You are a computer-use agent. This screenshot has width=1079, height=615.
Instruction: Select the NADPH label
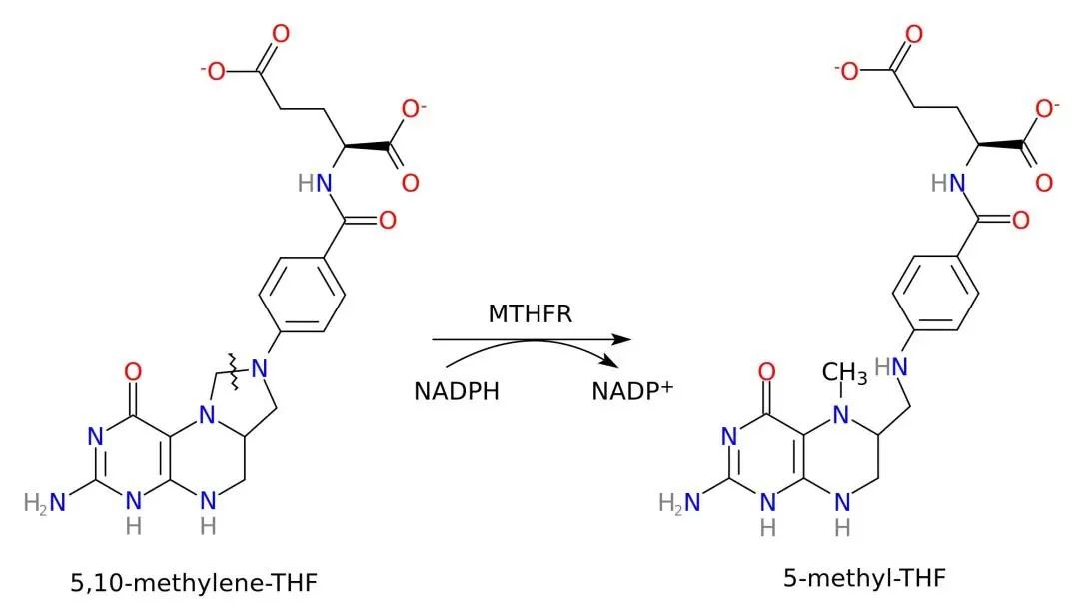[x=456, y=390]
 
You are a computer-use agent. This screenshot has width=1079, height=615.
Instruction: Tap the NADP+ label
[x=632, y=390]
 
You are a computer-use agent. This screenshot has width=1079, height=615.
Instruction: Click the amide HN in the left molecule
[x=313, y=184]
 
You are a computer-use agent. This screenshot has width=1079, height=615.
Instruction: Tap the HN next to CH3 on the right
[x=891, y=367]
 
